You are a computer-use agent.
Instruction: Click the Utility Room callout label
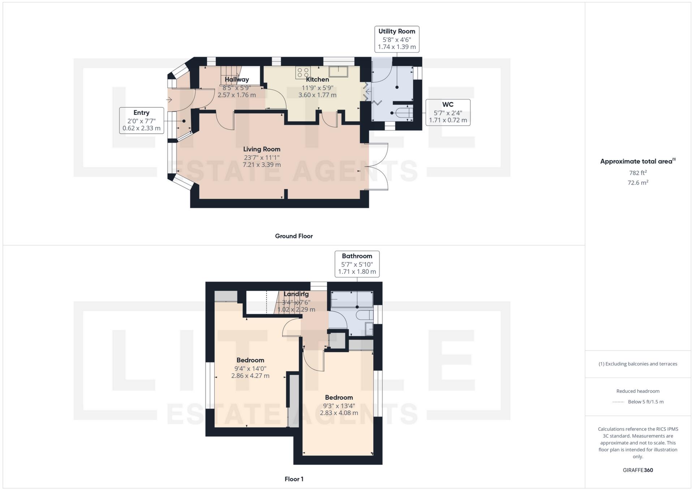(x=397, y=39)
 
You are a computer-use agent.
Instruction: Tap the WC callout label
(x=448, y=112)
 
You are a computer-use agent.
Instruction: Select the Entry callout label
(x=141, y=120)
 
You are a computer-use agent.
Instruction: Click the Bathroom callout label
(x=357, y=264)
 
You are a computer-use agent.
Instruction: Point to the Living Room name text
(x=262, y=149)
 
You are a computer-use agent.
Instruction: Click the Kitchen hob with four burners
(x=303, y=73)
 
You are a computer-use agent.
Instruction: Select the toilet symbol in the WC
(x=404, y=113)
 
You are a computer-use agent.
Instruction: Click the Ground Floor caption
(x=294, y=236)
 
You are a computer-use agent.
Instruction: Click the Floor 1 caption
(x=294, y=479)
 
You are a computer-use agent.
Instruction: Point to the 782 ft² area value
(x=638, y=173)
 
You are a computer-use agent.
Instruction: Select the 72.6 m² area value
(x=638, y=183)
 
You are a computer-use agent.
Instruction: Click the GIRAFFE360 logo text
(x=638, y=470)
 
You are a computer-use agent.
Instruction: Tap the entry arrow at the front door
(x=169, y=99)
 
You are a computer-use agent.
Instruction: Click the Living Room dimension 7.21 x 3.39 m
(x=262, y=165)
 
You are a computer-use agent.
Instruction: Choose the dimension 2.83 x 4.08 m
(x=339, y=413)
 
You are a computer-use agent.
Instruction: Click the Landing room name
(x=296, y=294)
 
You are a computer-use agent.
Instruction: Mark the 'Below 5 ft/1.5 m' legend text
(x=646, y=402)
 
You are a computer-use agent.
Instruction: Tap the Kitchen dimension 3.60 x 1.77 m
(x=317, y=95)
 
